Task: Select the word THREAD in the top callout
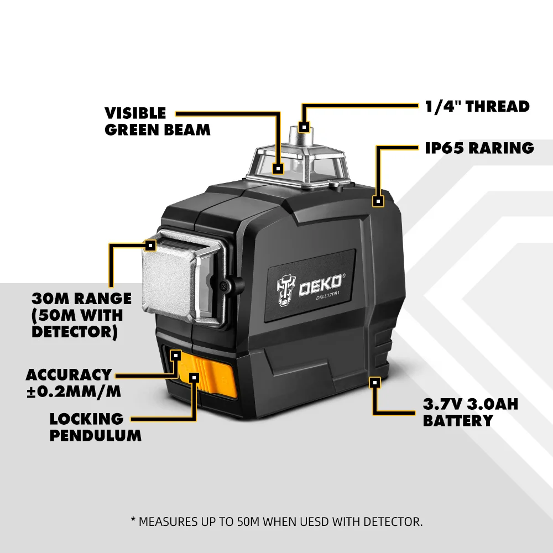coord(498,106)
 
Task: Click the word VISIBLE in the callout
coord(135,113)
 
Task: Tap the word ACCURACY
coord(69,375)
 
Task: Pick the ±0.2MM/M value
coord(74,392)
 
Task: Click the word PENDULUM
coord(96,435)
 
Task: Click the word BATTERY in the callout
coord(457,421)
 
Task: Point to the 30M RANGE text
coord(81,299)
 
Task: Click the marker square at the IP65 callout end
coord(378,201)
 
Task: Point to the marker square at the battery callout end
coord(375,382)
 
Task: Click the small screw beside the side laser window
coord(222,285)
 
